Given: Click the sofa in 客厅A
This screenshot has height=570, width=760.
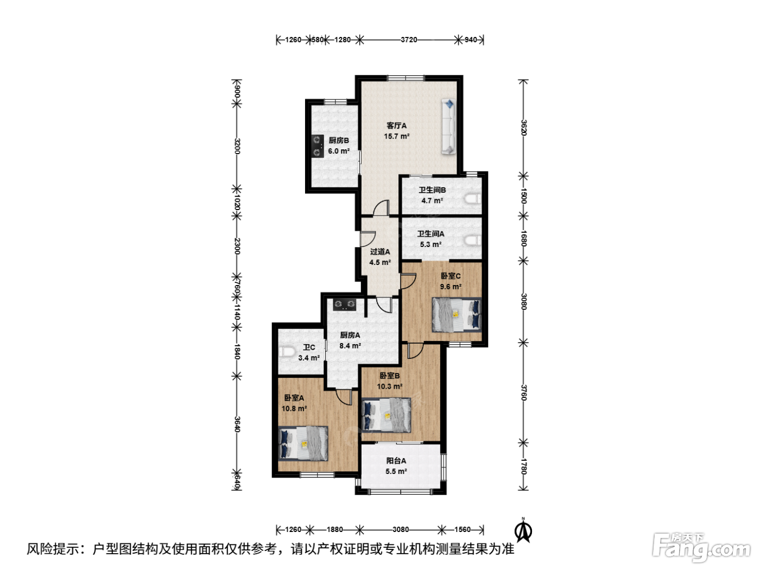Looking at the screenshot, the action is pos(448,126).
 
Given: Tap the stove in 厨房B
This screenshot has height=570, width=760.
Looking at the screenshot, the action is pos(317,146).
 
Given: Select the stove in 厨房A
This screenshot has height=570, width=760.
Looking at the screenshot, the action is pos(345,305).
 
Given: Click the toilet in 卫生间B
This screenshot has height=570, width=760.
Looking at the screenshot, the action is pos(473,199).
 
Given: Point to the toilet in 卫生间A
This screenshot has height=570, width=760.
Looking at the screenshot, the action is pos(473,240).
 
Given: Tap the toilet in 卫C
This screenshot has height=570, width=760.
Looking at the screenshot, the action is pos(286,352).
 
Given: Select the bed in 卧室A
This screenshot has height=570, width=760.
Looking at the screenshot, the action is pos(303,444).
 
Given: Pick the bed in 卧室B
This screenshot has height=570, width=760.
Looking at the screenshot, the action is pos(386,415).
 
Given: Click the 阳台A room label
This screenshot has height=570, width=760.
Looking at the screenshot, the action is pos(396,461).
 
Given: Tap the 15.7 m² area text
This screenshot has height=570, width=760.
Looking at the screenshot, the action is pos(396,136).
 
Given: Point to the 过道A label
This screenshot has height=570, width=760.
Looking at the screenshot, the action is pos(380,251).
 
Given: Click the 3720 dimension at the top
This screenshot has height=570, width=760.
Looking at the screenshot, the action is pos(409,40).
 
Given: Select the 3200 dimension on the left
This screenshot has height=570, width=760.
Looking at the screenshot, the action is pos(237,146).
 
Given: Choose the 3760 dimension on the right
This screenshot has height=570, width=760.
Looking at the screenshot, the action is pos(523,392).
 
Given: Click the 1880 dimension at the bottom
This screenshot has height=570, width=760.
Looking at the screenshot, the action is pos(335,529).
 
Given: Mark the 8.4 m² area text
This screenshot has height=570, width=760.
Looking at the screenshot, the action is pos(350,345).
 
